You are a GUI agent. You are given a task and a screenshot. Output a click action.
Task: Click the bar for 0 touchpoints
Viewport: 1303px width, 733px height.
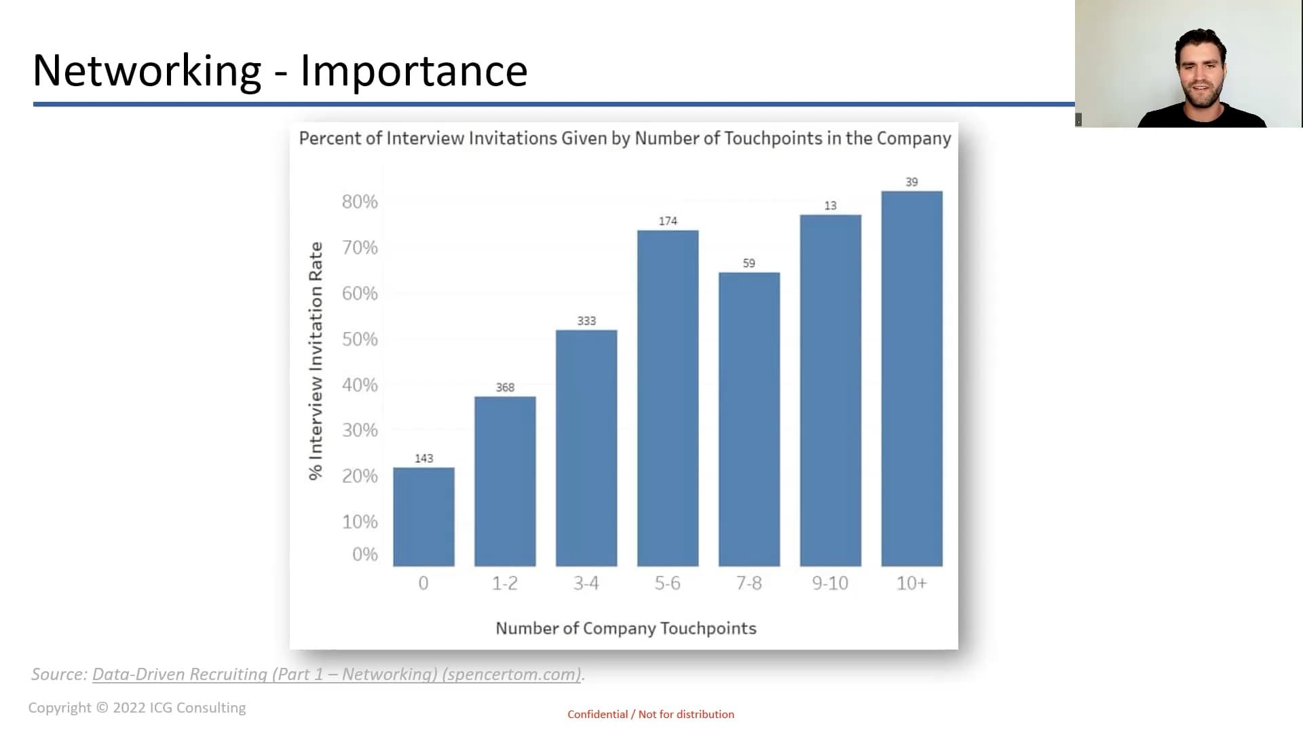(x=423, y=516)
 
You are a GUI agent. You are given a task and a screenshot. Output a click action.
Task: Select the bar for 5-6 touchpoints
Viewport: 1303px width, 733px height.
(x=668, y=398)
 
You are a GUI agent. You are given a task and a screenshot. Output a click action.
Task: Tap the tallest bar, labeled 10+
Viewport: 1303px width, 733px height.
(x=911, y=379)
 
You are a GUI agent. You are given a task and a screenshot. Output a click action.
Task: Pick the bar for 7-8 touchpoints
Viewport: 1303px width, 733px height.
(x=749, y=419)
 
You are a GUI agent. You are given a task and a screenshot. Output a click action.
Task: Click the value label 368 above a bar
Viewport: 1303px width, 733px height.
(x=505, y=388)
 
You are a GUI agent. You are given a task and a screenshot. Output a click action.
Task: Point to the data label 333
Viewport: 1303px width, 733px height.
(x=586, y=321)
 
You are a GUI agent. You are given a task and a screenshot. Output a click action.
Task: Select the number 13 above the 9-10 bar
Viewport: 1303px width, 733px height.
(x=830, y=206)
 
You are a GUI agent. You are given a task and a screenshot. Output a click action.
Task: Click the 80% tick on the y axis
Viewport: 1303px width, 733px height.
(x=360, y=202)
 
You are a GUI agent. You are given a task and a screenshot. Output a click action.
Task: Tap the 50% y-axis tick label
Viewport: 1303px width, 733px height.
(x=360, y=339)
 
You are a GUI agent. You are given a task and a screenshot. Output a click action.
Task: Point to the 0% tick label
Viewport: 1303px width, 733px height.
(x=364, y=555)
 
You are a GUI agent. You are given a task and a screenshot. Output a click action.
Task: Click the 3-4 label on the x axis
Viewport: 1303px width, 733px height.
(x=586, y=583)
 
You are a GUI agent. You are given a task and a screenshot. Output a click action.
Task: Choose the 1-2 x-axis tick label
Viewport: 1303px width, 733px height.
(x=505, y=583)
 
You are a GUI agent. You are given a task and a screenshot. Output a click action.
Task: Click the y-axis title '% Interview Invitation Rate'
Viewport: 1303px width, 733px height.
(x=316, y=360)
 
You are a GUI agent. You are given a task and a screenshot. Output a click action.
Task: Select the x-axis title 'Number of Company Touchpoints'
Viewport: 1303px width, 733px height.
(x=626, y=628)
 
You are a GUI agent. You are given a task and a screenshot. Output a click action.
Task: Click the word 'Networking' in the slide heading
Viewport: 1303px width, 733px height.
(x=147, y=70)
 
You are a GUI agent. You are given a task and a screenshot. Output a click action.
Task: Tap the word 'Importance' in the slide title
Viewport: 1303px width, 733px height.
(x=413, y=70)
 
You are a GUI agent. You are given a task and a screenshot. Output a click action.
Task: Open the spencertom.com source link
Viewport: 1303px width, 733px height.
(x=337, y=674)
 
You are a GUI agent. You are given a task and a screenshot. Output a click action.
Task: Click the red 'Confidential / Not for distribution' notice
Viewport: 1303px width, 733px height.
(x=651, y=714)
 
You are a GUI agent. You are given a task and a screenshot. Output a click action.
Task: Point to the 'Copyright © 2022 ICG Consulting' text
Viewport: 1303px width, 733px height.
(x=137, y=707)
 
